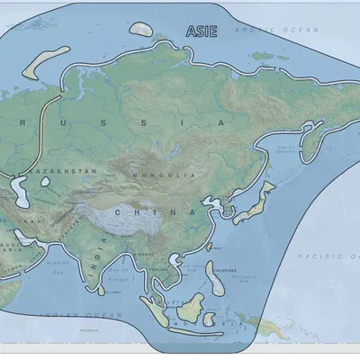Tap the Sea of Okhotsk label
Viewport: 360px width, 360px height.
[287, 147]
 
